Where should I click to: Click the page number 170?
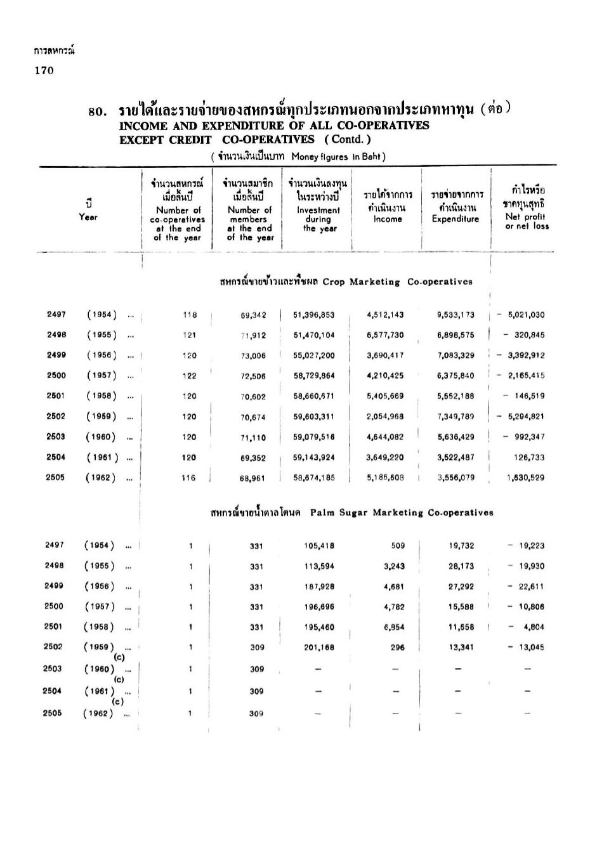pyautogui.click(x=44, y=70)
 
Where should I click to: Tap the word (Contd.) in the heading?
pyautogui.click(x=348, y=140)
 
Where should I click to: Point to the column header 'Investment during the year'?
pyautogui.click(x=318, y=219)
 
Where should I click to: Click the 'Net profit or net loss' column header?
pyautogui.click(x=527, y=221)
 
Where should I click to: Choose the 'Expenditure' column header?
pyautogui.click(x=455, y=219)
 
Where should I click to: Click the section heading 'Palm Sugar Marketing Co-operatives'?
pyautogui.click(x=402, y=512)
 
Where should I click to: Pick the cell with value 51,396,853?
pyautogui.click(x=314, y=315)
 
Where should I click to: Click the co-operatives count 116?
pyautogui.click(x=189, y=478)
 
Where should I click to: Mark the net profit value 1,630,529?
pyautogui.click(x=525, y=478)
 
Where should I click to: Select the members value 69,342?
pyautogui.click(x=253, y=315)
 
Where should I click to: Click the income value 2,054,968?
pyautogui.click(x=385, y=417)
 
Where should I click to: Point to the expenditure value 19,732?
pyautogui.click(x=461, y=545)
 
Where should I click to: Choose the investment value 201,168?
pyautogui.click(x=319, y=648)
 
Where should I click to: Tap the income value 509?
pyautogui.click(x=398, y=545)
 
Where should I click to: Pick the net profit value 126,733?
pyautogui.click(x=529, y=457)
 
